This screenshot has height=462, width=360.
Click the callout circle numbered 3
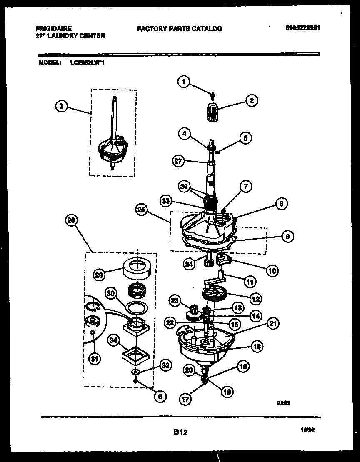[61, 106]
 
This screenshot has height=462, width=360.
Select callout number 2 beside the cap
[251, 100]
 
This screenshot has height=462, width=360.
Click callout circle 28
[71, 221]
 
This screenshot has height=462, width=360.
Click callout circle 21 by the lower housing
[274, 323]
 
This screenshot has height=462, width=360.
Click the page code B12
[180, 433]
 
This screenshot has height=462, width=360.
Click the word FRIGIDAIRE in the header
[54, 29]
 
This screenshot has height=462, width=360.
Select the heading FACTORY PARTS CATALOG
[179, 29]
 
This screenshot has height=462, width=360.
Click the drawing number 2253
[284, 403]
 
